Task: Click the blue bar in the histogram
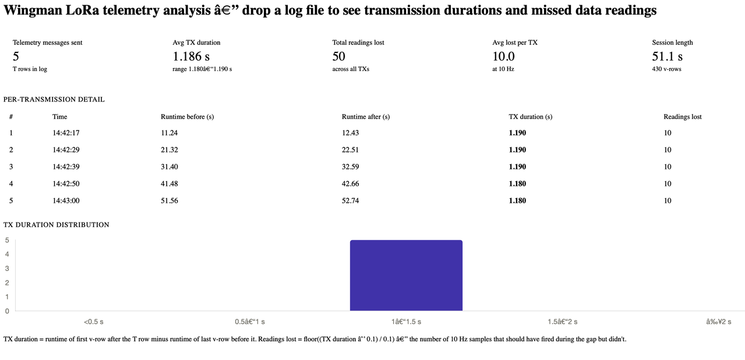[406, 276]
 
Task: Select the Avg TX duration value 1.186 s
[191, 57]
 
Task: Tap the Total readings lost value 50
[338, 57]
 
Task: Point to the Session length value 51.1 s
[667, 57]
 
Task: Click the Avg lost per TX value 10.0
[503, 57]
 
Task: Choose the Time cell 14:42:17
[66, 133]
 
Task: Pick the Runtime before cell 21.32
[170, 150]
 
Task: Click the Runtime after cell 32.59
[350, 167]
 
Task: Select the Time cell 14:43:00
[66, 200]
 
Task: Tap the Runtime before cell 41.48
[170, 183]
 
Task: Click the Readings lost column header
[683, 117]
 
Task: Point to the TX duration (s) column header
[531, 117]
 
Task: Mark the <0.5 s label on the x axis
[93, 322]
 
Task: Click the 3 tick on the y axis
[7, 269]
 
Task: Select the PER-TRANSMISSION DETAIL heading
[54, 100]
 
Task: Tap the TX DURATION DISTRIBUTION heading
[56, 225]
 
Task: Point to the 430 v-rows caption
[666, 69]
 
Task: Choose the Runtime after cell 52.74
[350, 200]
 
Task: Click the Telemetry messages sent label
[48, 43]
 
